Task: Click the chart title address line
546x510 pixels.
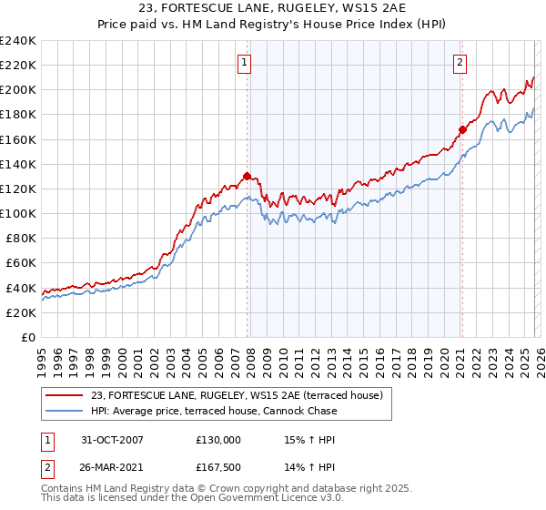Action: [x=272, y=8]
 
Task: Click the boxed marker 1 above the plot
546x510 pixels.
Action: [x=246, y=63]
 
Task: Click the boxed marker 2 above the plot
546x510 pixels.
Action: [x=460, y=63]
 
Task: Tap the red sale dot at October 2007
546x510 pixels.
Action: [x=247, y=176]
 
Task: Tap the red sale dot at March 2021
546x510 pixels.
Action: [x=462, y=129]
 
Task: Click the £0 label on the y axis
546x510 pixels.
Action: [x=27, y=337]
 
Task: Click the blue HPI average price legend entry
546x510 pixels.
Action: [x=214, y=411]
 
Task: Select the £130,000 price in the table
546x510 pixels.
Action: [x=218, y=439]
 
